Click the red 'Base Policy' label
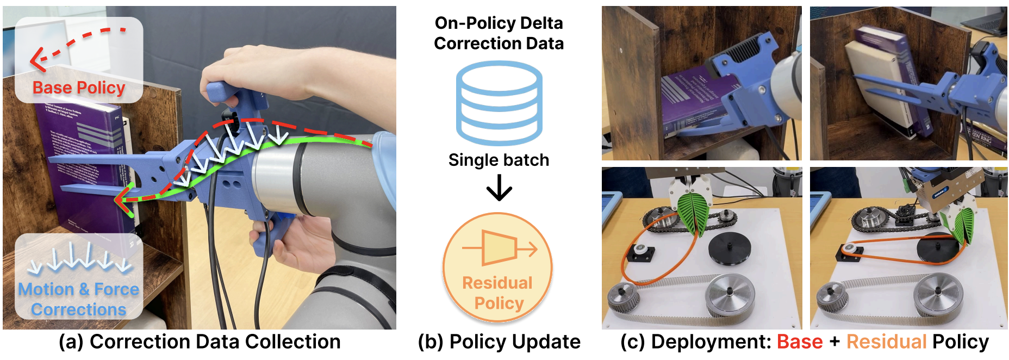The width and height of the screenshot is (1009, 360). tap(79, 88)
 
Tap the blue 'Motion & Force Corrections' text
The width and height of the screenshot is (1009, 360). tap(79, 299)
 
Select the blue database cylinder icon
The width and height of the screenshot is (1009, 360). tap(499, 103)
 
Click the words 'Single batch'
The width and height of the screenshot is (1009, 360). tap(499, 160)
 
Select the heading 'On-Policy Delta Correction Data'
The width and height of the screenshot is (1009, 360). tap(499, 33)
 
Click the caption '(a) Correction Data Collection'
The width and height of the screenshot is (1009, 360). tap(200, 342)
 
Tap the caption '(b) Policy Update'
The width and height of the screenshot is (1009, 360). tap(499, 342)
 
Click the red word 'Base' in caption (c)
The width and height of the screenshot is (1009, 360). tap(800, 342)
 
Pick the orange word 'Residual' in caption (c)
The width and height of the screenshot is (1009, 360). tap(886, 342)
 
